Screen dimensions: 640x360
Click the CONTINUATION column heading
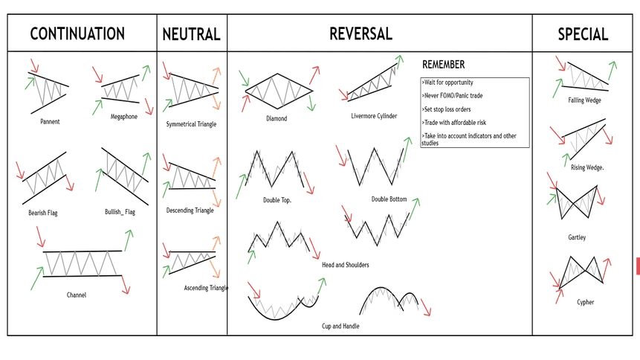[x=77, y=33]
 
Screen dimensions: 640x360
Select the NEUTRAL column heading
[x=192, y=34]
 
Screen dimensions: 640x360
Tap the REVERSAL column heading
[x=361, y=33]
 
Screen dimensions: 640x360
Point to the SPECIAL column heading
[x=583, y=34]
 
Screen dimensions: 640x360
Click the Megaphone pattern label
[x=124, y=117]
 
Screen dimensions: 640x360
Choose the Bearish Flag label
[x=43, y=213]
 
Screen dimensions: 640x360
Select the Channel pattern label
[x=77, y=295]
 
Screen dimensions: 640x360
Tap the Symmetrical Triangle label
[x=191, y=124]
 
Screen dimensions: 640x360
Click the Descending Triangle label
[x=190, y=210]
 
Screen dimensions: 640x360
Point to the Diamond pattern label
[x=277, y=118]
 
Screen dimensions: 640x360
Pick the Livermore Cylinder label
[x=374, y=116]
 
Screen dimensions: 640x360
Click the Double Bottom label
[x=389, y=199]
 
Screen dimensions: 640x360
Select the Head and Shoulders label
[x=346, y=265]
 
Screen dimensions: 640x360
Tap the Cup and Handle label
[x=340, y=326]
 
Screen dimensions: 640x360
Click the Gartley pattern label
[x=577, y=237]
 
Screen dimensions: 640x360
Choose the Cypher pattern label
[x=585, y=302]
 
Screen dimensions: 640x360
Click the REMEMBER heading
[x=443, y=65]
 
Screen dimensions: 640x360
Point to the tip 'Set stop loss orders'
[x=447, y=109]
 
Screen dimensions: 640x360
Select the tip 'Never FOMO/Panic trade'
[x=452, y=96]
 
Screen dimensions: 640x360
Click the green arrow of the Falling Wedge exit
[x=612, y=70]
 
